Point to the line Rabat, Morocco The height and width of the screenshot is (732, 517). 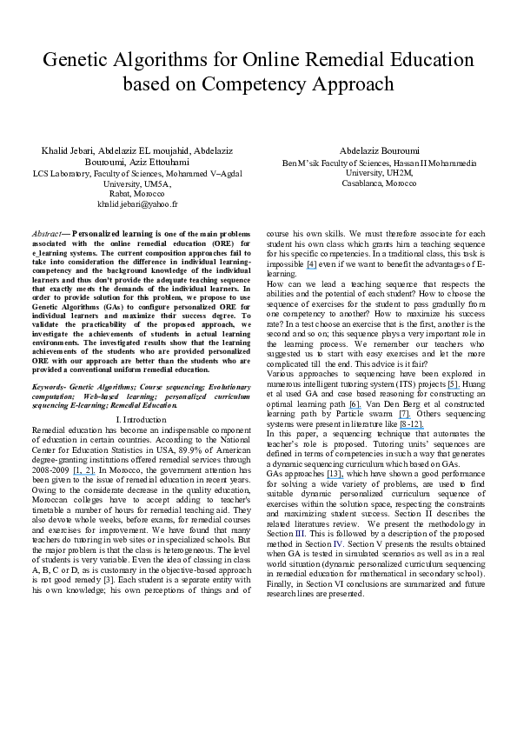(x=137, y=193)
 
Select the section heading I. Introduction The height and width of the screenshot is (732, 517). (x=137, y=420)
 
